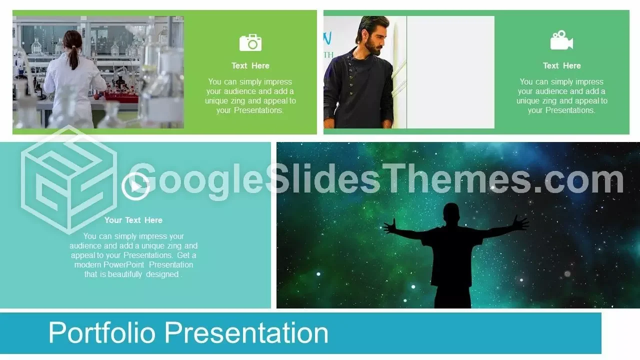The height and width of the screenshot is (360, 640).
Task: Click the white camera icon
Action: click(250, 43)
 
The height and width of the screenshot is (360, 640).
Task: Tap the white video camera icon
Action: click(561, 40)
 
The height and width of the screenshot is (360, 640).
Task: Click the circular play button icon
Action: click(135, 186)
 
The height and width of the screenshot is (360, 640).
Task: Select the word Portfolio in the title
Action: click(102, 332)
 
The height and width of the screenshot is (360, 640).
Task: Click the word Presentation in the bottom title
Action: click(246, 332)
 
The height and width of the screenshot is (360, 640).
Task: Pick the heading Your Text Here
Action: click(133, 220)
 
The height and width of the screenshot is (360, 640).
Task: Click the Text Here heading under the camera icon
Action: click(250, 65)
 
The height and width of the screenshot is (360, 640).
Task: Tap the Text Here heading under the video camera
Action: click(562, 65)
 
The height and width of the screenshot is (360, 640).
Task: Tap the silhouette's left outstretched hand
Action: click(390, 227)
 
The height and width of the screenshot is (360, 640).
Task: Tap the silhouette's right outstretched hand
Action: click(520, 223)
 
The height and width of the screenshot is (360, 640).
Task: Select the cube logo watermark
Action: click(69, 180)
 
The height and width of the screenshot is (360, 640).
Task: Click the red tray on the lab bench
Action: click(122, 95)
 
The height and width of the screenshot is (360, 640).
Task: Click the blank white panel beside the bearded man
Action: click(450, 72)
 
